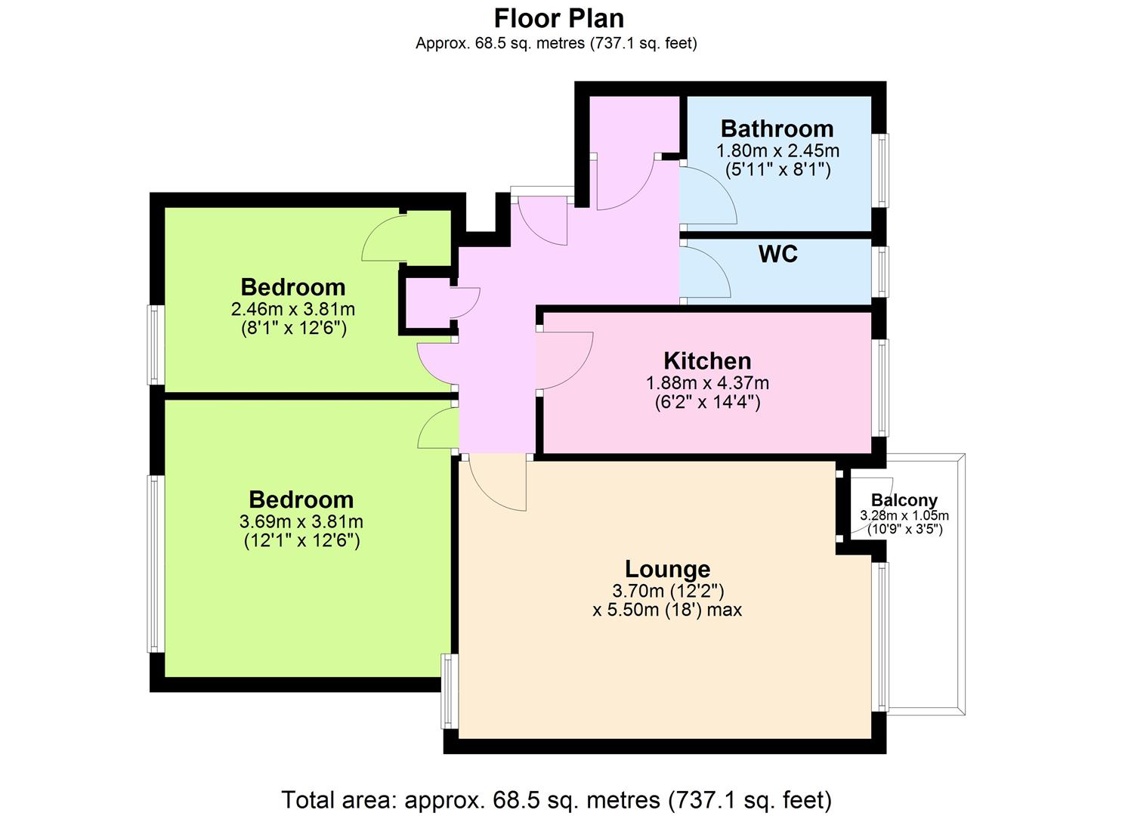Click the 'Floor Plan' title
(559, 19)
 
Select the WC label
(778, 254)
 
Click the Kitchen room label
(707, 360)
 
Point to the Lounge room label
(667, 569)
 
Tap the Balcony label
(904, 500)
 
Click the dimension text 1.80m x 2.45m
(777, 151)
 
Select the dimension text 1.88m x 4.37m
(707, 383)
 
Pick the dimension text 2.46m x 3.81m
(293, 309)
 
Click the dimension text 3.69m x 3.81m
(301, 521)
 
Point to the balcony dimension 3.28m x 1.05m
(904, 515)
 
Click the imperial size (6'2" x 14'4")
(707, 402)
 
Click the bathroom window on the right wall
(883, 170)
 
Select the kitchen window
(883, 388)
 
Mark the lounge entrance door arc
(486, 493)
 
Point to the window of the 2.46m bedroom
(153, 345)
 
